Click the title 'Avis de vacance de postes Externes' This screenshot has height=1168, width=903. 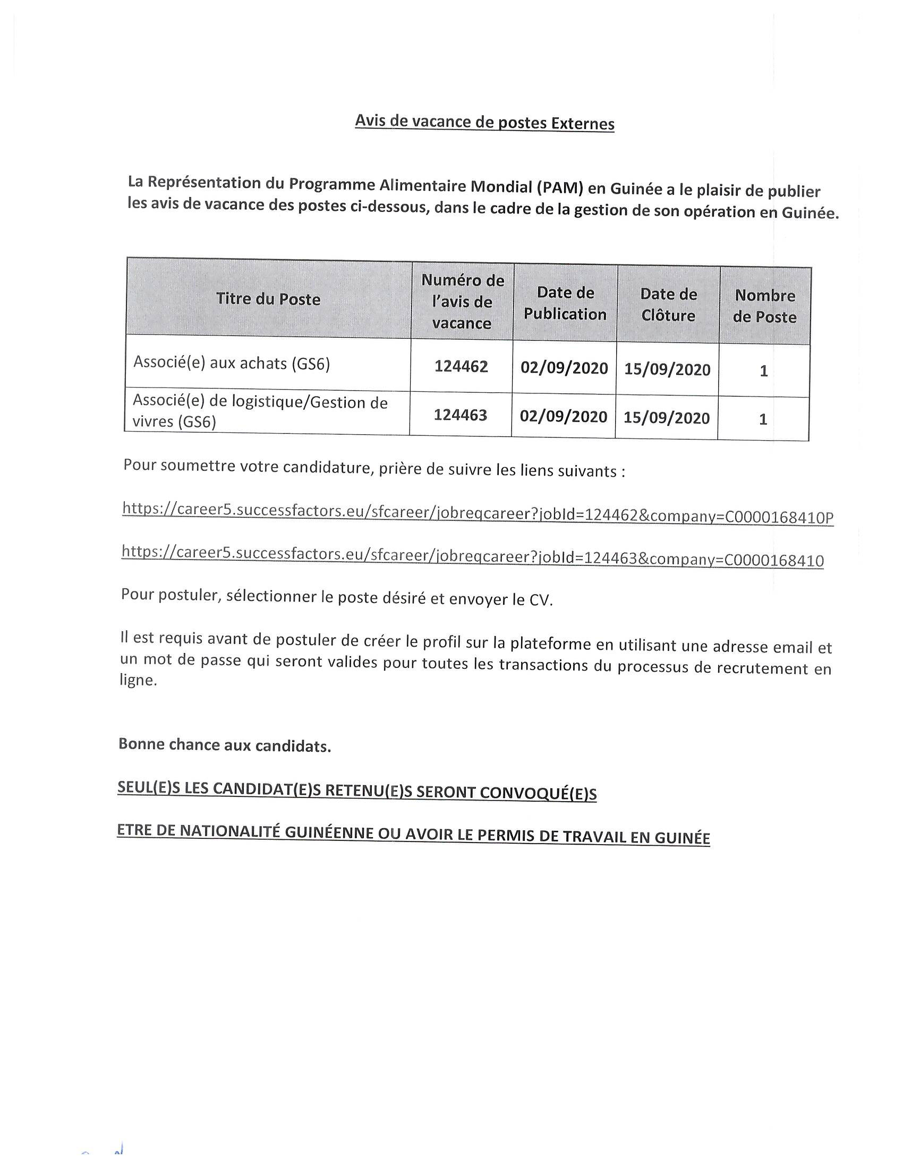484,123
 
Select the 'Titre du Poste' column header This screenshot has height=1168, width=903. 268,299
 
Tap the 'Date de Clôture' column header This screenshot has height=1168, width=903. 669,304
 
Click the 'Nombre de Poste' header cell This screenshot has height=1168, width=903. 764,306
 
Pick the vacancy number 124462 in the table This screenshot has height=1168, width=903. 461,366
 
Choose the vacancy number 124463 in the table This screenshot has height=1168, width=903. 461,415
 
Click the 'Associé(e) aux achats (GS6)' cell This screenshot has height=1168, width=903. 232,363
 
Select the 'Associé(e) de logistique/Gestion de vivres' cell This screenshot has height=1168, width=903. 259,411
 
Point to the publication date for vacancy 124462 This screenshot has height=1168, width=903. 564,368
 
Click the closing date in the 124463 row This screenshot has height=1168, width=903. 667,417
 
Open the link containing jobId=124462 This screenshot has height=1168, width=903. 478,513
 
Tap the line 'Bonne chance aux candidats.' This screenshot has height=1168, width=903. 225,745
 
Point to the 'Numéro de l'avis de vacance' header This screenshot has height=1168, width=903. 462,302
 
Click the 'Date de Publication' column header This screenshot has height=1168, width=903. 565,303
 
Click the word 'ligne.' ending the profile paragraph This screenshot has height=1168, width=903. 138,681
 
